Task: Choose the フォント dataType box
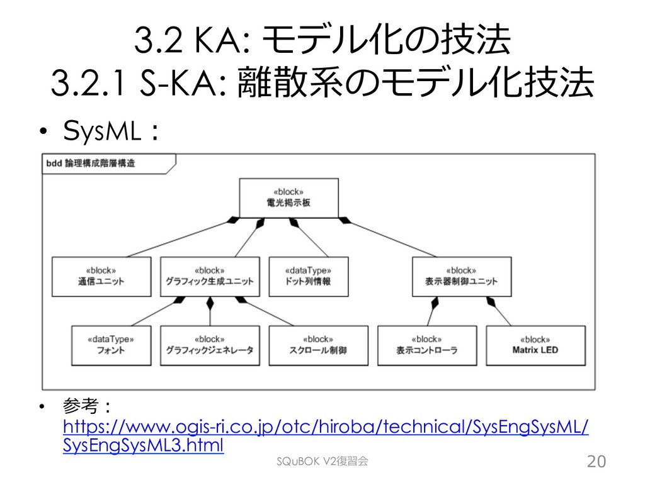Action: pos(111,345)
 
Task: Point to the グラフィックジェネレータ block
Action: pos(209,345)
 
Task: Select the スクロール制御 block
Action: pos(318,345)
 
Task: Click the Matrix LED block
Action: pos(535,345)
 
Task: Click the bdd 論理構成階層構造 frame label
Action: pos(91,164)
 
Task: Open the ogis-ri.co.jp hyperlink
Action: pos(326,428)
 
